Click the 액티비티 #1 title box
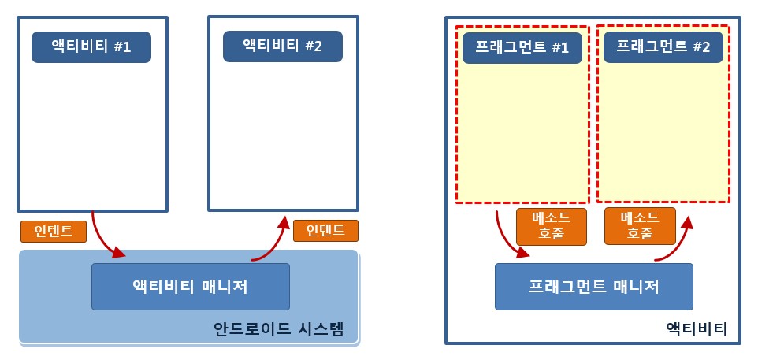tap(91, 47)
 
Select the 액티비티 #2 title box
tap(282, 46)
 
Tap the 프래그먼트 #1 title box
tap(522, 47)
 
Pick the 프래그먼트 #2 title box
tap(663, 47)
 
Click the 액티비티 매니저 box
tap(191, 287)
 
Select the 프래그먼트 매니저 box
tap(593, 287)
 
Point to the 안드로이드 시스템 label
tap(278, 328)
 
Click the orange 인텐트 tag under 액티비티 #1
tap(54, 231)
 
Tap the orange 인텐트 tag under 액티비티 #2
tap(325, 230)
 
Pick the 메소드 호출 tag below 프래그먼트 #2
tap(640, 226)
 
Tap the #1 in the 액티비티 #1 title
tap(122, 47)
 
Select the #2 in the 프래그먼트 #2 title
tap(700, 47)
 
